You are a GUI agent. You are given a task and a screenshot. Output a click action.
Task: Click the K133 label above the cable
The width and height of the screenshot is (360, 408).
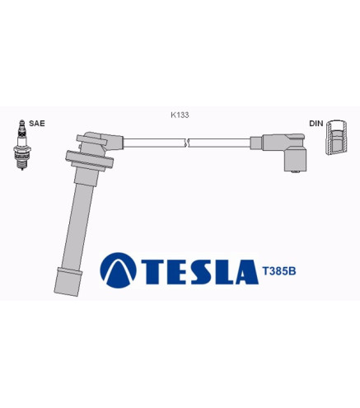[x=180, y=115]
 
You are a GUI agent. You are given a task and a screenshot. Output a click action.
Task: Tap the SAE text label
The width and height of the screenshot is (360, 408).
[x=37, y=123]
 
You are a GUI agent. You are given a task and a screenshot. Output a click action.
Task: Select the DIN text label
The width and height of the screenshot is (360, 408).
[x=316, y=123]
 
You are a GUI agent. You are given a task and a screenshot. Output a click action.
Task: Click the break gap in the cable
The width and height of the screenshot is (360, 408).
[x=189, y=143]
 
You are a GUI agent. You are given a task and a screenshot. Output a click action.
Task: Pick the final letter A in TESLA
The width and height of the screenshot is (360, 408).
[x=245, y=270]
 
